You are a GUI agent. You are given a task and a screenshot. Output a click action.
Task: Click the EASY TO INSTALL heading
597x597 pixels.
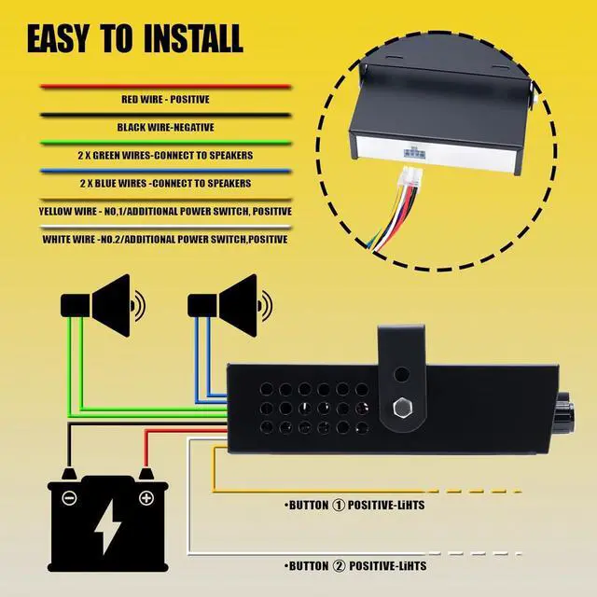[x=134, y=39]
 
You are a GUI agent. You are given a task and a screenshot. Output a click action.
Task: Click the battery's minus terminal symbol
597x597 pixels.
[x=69, y=498]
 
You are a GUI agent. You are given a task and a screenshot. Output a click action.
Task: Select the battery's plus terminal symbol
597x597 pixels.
[x=146, y=498]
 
